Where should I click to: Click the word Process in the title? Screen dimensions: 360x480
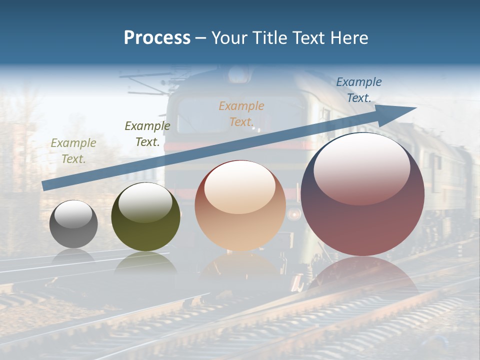click(x=157, y=38)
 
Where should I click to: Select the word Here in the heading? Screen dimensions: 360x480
click(x=349, y=38)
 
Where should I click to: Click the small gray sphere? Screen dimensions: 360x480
click(x=73, y=224)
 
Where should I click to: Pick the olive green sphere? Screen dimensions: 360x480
click(x=145, y=217)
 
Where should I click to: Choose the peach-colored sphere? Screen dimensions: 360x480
click(x=240, y=206)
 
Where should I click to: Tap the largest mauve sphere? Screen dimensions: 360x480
click(x=362, y=195)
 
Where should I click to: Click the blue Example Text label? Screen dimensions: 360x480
click(x=358, y=90)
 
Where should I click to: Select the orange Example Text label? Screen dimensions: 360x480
click(x=241, y=113)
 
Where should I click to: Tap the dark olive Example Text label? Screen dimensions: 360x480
click(x=147, y=133)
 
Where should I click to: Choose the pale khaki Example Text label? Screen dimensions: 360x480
click(x=73, y=151)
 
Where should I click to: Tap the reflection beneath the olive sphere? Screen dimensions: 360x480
click(x=145, y=262)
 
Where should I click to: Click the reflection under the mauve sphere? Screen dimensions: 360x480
click(x=362, y=272)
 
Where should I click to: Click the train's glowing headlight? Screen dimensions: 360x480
click(x=294, y=214)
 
